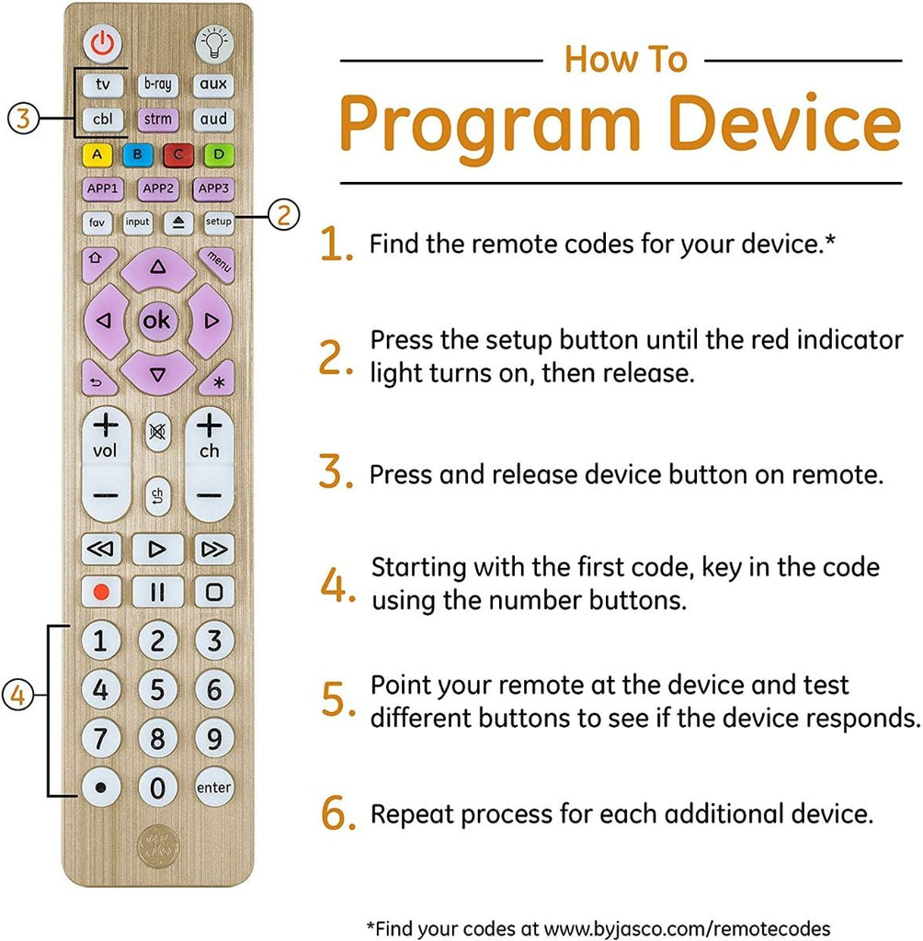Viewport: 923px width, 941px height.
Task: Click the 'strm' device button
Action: pos(158,119)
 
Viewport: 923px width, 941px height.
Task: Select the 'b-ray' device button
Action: pos(158,85)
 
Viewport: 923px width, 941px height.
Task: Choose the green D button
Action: pos(218,154)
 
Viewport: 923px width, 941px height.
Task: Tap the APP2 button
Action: pos(158,189)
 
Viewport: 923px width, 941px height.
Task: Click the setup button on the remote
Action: pos(218,222)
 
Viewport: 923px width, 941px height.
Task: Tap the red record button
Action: pos(101,591)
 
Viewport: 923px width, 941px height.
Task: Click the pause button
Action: pos(157,591)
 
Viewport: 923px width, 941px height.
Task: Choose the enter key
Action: pos(213,788)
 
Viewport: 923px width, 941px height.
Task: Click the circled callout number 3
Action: pos(23,119)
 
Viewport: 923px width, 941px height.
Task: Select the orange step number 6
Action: pos(336,814)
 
